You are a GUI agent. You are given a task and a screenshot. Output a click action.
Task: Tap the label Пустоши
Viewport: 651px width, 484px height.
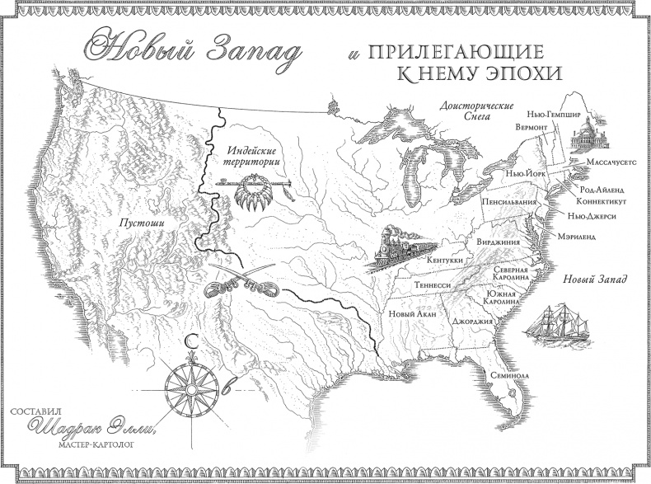pyautogui.click(x=138, y=223)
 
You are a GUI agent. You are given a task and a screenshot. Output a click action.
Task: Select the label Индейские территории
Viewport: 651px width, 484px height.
pyautogui.click(x=250, y=157)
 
